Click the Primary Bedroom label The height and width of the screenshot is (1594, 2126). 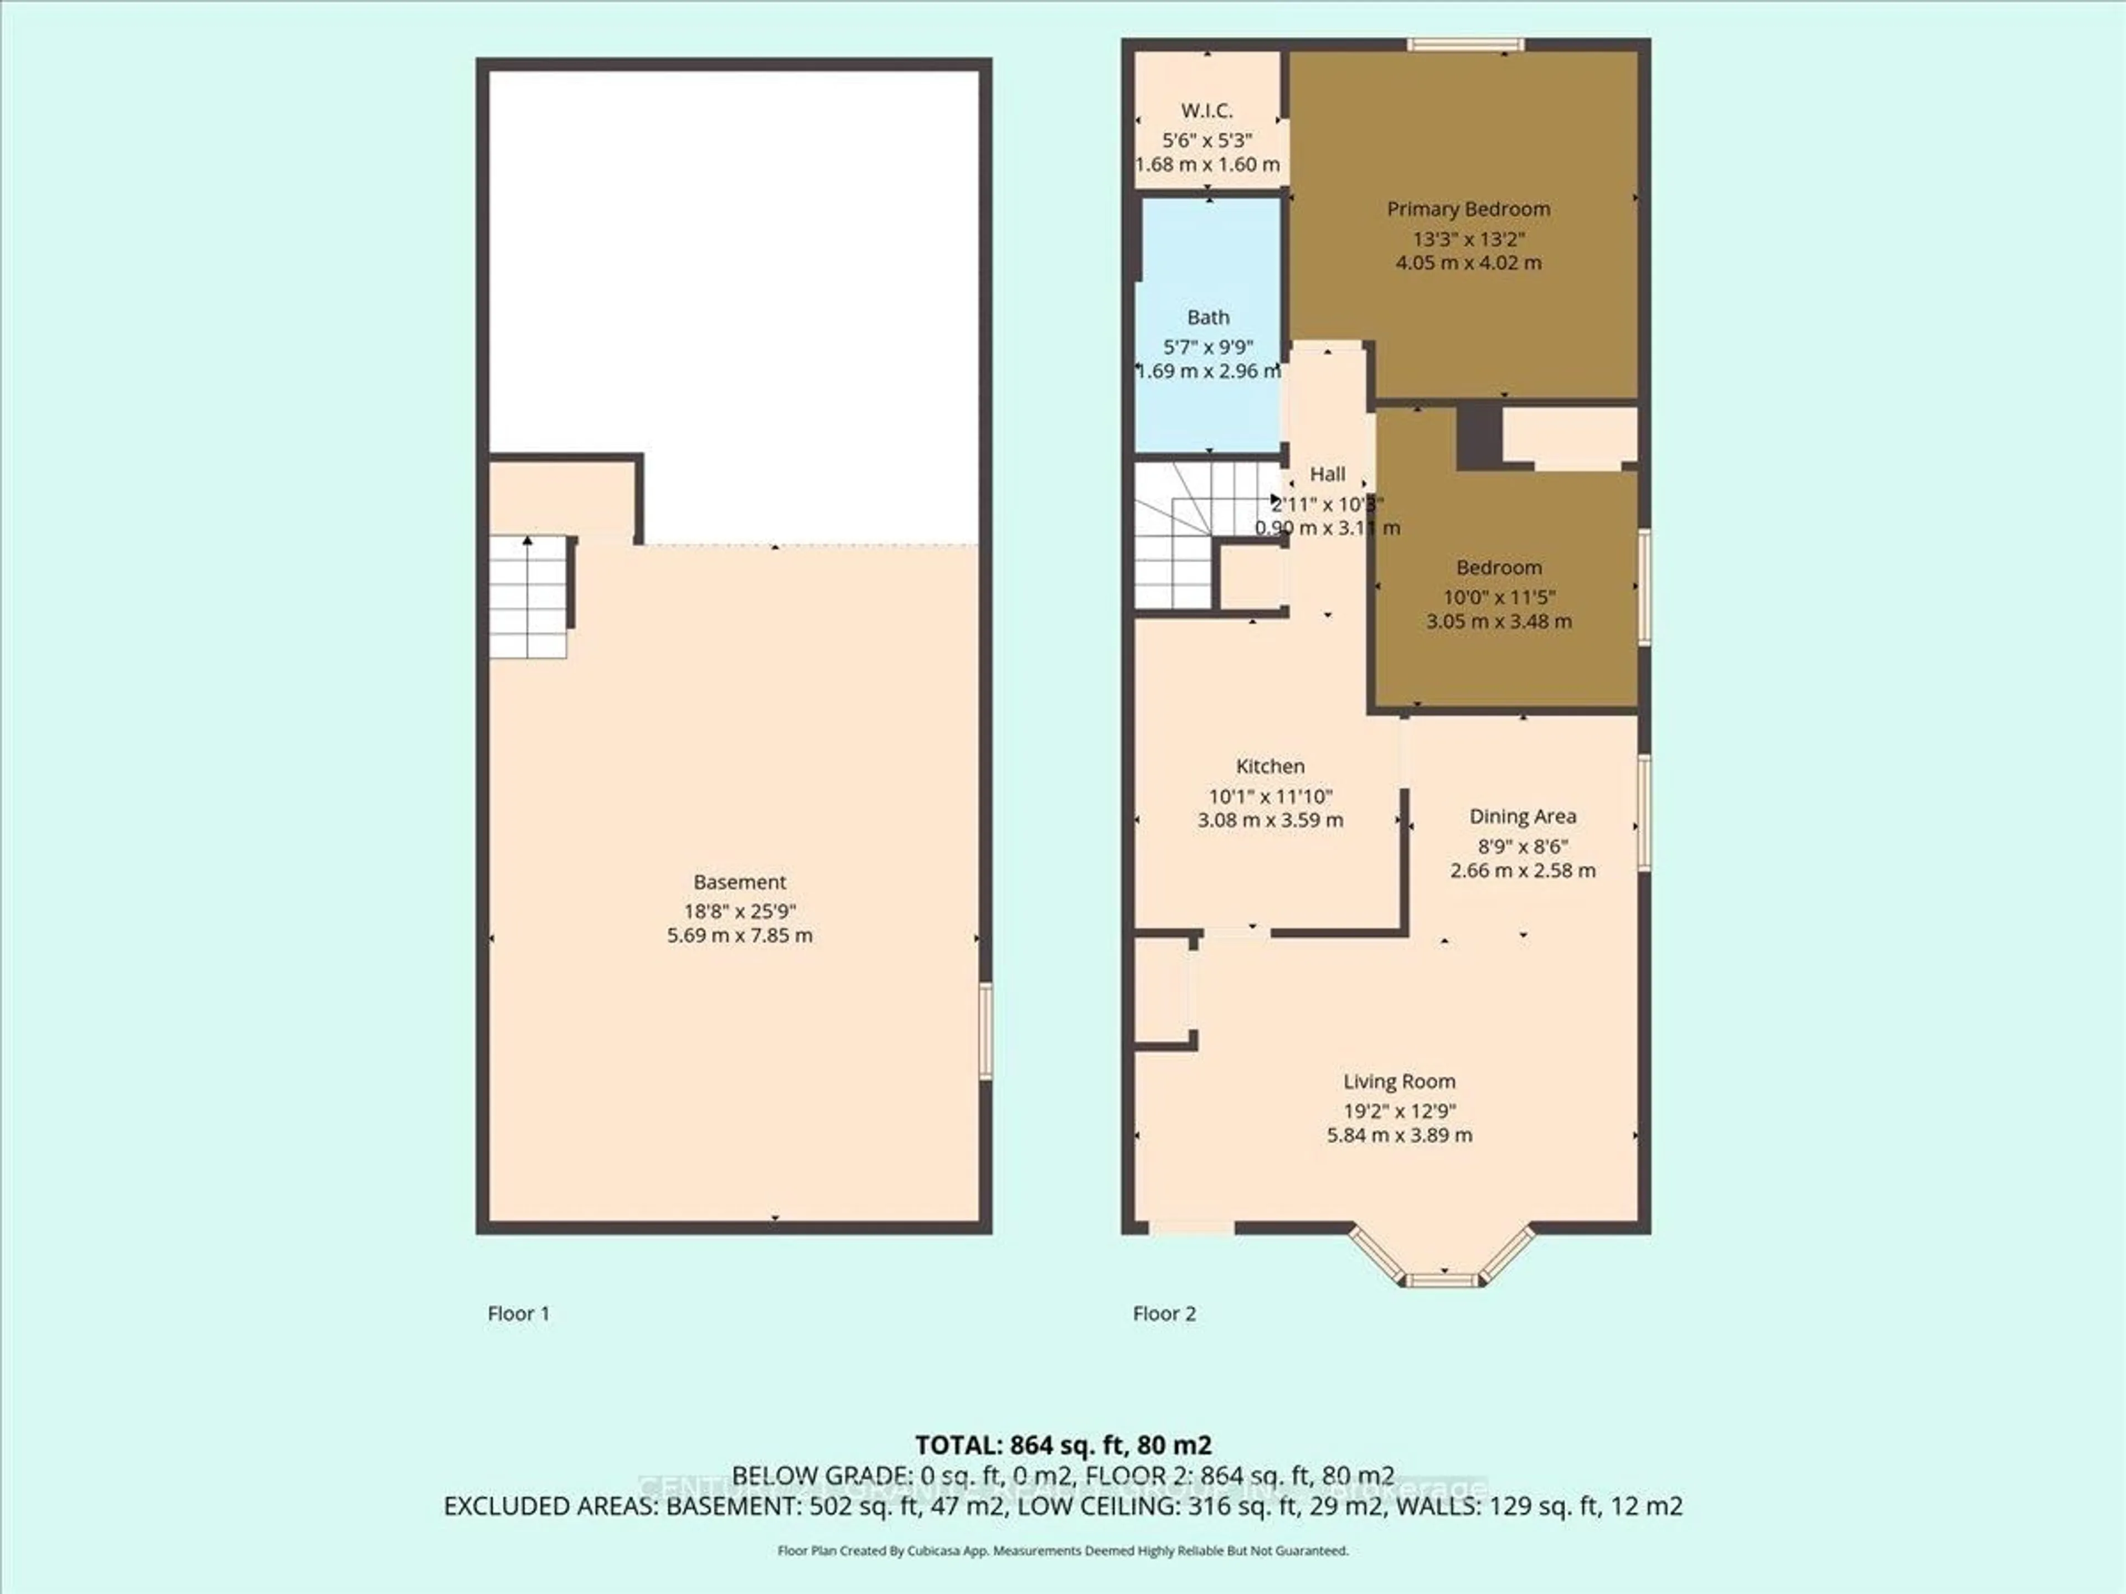tap(1468, 209)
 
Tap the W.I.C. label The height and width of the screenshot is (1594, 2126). tap(1207, 111)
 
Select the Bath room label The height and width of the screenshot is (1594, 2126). tap(1208, 317)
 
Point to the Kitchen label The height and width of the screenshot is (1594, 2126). tap(1270, 766)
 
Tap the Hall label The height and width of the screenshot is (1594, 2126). tap(1327, 474)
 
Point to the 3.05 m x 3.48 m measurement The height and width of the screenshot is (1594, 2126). tap(1498, 620)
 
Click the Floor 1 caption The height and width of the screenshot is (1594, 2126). tap(518, 1313)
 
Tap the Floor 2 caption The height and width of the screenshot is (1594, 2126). tap(1164, 1313)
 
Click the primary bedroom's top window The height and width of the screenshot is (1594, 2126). tap(1466, 43)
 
